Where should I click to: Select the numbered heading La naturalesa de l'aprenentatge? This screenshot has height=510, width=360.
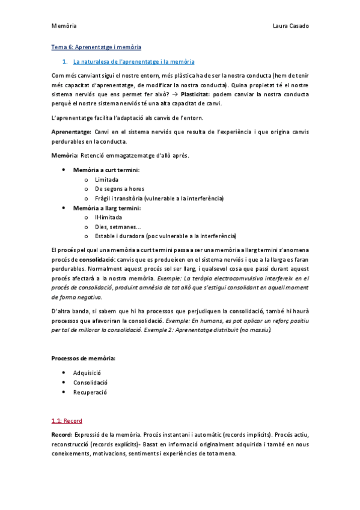pos(133,61)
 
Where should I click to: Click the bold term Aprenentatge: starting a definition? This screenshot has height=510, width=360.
pos(72,131)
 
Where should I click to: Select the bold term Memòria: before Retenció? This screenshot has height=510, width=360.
pos(65,156)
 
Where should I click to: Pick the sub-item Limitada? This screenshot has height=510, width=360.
pos(106,180)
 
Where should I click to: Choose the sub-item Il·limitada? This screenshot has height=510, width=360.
pos(108,217)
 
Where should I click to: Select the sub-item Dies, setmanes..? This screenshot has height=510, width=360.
pos(118,227)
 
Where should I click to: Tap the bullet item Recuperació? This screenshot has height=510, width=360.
pos(90,392)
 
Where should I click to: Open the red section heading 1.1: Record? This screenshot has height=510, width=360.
pos(67,420)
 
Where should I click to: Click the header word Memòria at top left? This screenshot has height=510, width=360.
pos(64,26)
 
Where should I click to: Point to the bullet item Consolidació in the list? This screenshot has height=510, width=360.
pos(90,382)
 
